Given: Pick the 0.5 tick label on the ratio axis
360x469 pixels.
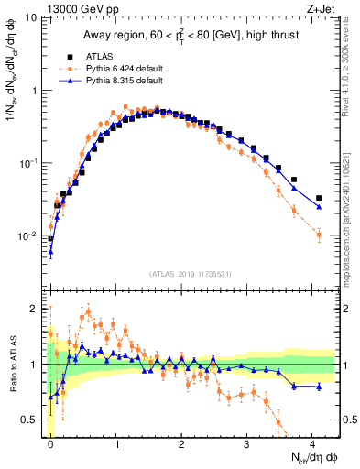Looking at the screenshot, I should pos(31,420).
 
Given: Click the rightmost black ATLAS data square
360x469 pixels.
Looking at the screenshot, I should pos(319,198).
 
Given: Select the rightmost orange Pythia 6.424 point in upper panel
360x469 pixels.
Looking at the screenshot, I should pos(319,235).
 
